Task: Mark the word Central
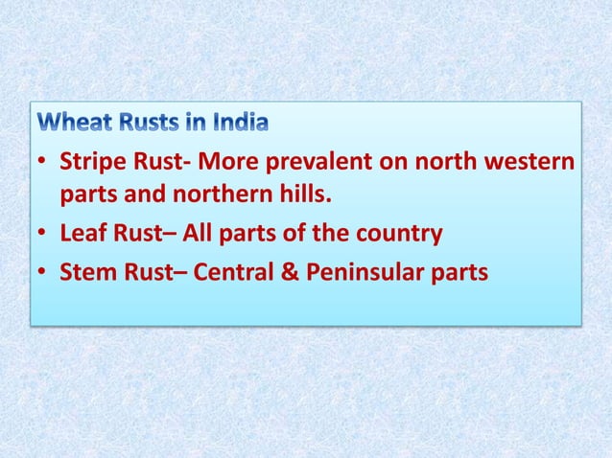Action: [235, 272]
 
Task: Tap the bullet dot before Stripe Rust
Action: [43, 162]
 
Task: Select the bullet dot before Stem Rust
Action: [43, 273]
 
